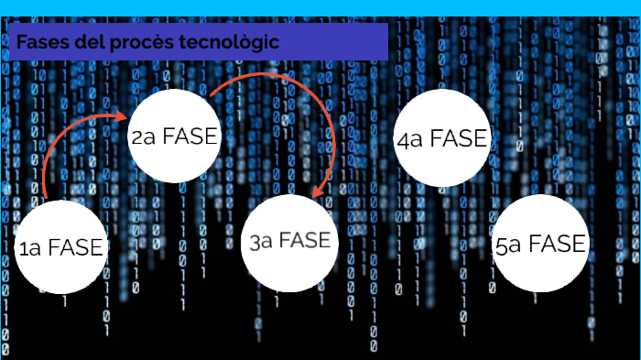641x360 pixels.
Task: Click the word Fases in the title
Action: click(x=38, y=43)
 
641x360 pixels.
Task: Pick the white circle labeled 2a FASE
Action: click(x=176, y=137)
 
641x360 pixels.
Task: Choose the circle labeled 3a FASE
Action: click(x=289, y=242)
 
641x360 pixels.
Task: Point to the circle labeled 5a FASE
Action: click(x=540, y=244)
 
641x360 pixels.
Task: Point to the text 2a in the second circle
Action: click(x=145, y=137)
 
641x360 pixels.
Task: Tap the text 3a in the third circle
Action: click(x=261, y=243)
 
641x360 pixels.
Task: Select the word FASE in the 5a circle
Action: click(x=557, y=245)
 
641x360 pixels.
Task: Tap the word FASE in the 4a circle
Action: click(x=461, y=139)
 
